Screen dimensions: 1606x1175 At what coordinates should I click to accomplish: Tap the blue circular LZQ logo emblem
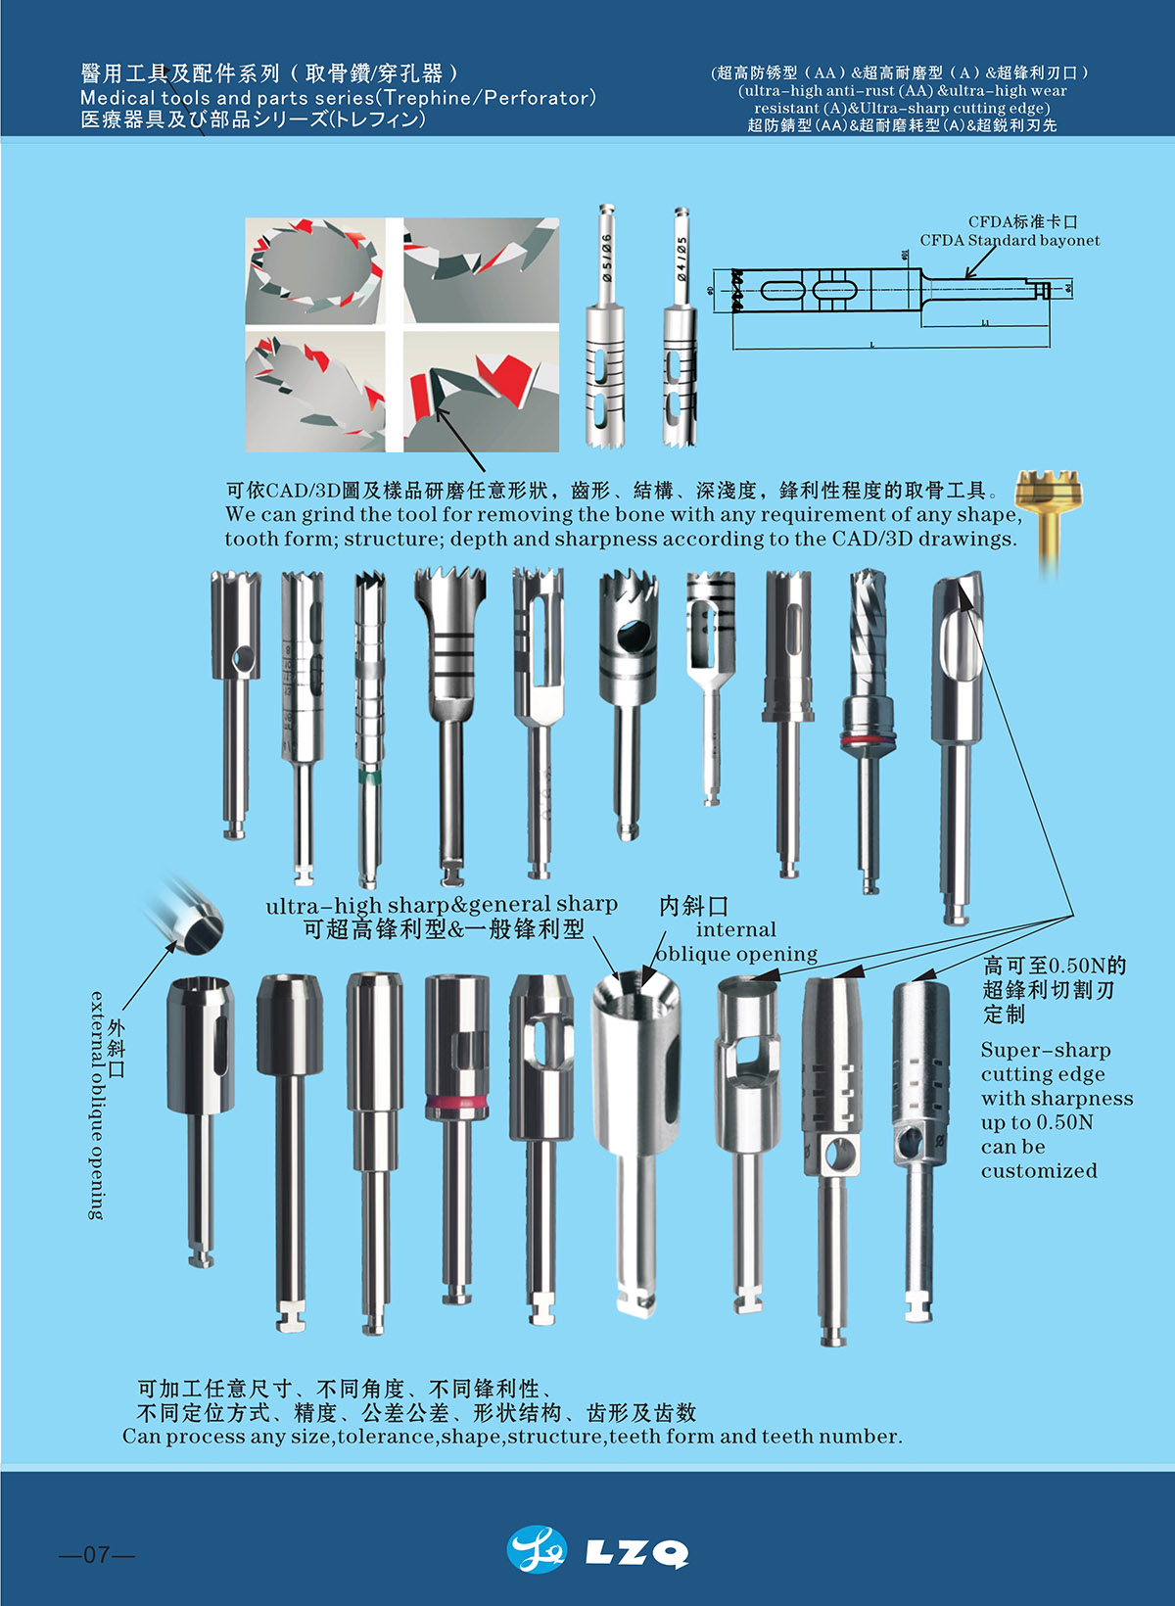click(537, 1550)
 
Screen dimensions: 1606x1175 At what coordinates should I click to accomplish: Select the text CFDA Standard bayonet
click(1010, 241)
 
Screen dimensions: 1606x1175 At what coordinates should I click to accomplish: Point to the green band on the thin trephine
click(367, 778)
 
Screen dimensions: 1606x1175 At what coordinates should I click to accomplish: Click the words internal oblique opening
click(736, 941)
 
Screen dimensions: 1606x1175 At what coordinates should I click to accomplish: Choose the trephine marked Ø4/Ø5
click(680, 333)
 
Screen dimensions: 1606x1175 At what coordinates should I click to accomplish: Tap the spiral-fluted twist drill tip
click(866, 607)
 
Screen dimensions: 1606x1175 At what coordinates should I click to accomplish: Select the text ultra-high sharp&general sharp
click(442, 905)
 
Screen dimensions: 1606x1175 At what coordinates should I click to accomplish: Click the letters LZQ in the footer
click(636, 1553)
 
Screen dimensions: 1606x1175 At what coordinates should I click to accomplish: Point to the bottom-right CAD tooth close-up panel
click(481, 392)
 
